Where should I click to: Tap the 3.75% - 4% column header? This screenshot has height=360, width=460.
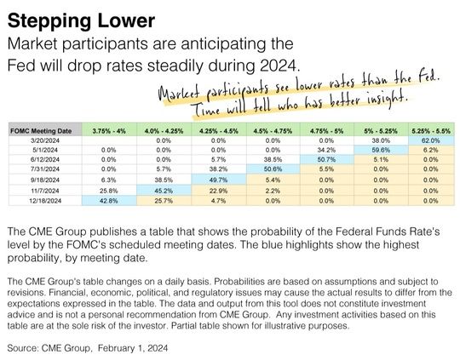click(x=112, y=130)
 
